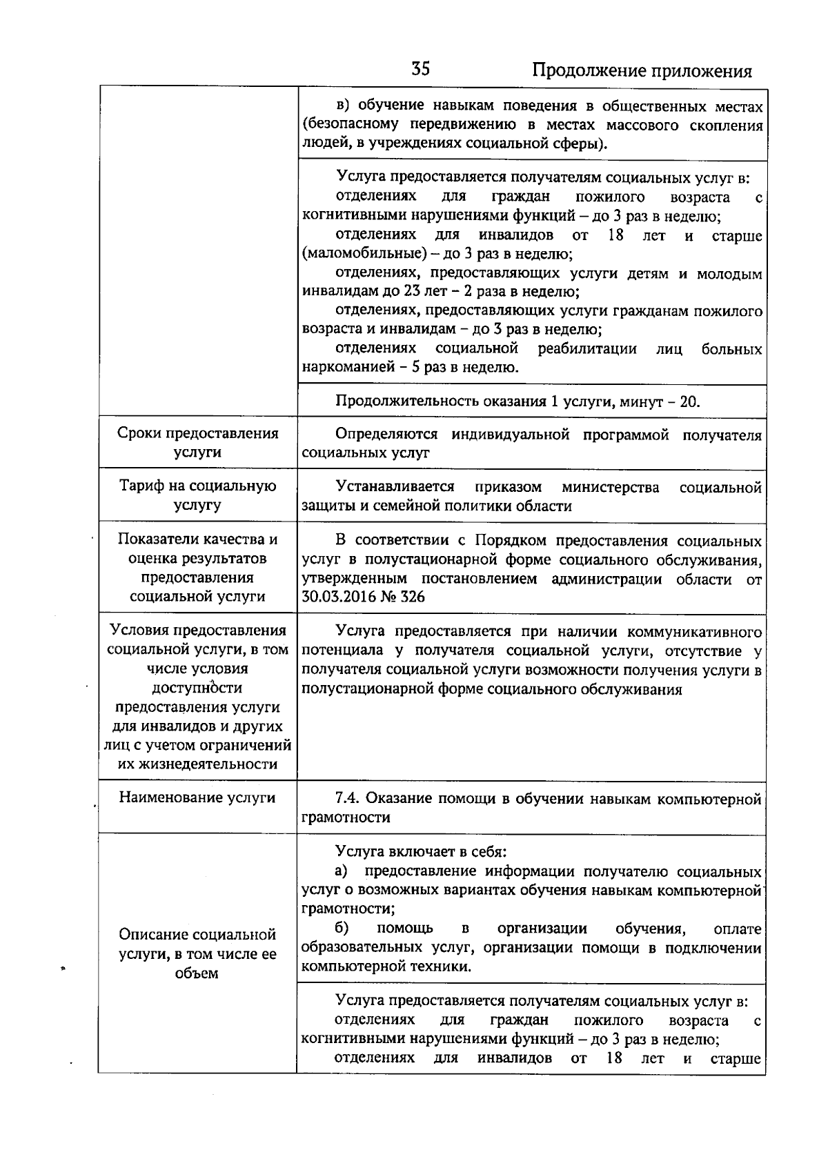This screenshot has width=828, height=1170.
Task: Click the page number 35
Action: [x=421, y=70]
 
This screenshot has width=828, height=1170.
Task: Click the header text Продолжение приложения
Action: [x=642, y=71]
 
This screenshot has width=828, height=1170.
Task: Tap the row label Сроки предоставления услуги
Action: [x=198, y=443]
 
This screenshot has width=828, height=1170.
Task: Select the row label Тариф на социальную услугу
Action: [x=198, y=495]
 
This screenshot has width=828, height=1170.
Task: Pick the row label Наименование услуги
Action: [x=197, y=797]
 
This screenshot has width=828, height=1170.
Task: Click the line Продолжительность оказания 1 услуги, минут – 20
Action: [x=517, y=401]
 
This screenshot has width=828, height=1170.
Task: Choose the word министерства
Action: [x=611, y=488]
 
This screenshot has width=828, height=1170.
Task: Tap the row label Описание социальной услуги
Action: [x=198, y=953]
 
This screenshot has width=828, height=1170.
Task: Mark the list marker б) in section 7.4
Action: [x=342, y=929]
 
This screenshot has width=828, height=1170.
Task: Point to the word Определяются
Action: [x=386, y=435]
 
